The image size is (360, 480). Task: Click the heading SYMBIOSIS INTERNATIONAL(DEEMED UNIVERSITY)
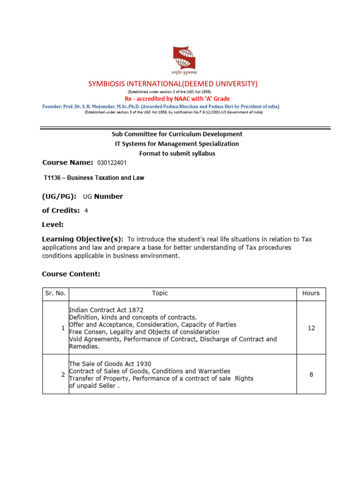point(173,84)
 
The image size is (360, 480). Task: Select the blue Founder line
point(161,106)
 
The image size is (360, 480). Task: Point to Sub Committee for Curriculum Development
point(177,134)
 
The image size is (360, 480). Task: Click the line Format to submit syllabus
point(177,154)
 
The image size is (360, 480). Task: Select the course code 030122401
point(112,163)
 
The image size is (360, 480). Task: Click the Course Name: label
point(67,163)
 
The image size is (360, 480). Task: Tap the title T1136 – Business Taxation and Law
point(94,178)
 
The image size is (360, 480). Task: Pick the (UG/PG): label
point(60,196)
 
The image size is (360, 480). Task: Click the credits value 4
point(86,211)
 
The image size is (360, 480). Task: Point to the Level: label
point(53,225)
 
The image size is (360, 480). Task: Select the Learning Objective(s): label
point(82,239)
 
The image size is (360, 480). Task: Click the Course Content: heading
point(71,274)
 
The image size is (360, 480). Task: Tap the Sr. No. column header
point(55,293)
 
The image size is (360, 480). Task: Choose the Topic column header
point(160,293)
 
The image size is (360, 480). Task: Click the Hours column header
point(311,293)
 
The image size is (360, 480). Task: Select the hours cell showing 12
point(311,328)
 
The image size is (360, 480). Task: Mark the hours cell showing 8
point(311,375)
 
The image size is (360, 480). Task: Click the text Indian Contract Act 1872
point(106,310)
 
